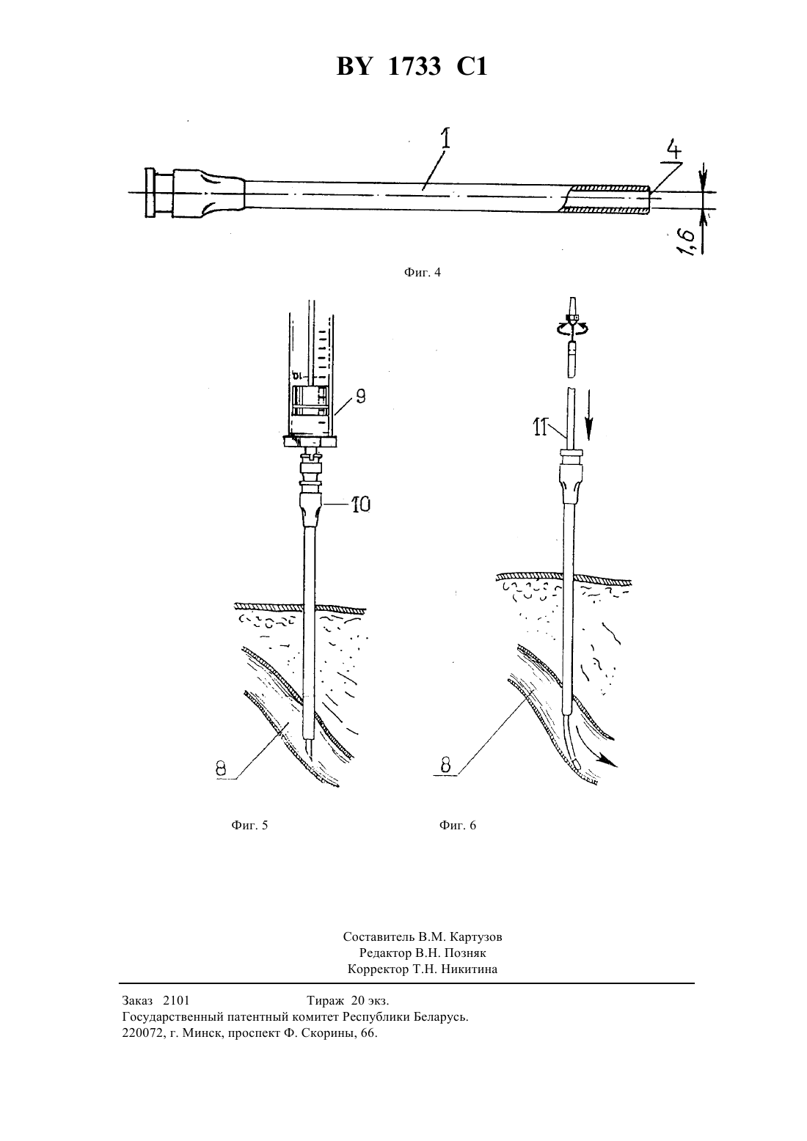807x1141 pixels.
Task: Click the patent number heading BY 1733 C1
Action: click(412, 67)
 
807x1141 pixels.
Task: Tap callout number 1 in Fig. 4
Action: click(445, 138)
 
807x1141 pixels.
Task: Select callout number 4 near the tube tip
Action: click(673, 150)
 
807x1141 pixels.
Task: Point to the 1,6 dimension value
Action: click(687, 241)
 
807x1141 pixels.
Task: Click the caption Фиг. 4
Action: click(422, 273)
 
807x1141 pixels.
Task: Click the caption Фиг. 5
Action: click(249, 825)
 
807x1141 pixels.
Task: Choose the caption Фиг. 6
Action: click(458, 825)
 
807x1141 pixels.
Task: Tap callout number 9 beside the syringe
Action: click(360, 396)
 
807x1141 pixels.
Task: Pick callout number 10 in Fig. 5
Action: click(361, 505)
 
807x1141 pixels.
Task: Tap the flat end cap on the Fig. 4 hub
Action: click(150, 193)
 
